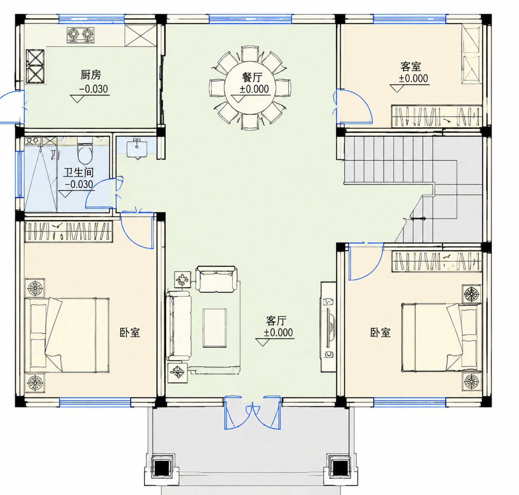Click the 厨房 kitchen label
[91, 75]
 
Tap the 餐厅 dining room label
[252, 78]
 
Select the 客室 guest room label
[411, 67]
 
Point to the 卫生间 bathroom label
[78, 173]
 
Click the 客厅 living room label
[276, 321]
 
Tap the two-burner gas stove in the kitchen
[80, 35]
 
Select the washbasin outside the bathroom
[137, 149]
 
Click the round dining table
[250, 88]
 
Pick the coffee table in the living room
[215, 328]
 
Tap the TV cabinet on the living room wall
[328, 327]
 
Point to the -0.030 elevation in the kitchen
[93, 89]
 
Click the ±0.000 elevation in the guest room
[413, 78]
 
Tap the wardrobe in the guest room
[437, 116]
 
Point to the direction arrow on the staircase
[418, 219]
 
